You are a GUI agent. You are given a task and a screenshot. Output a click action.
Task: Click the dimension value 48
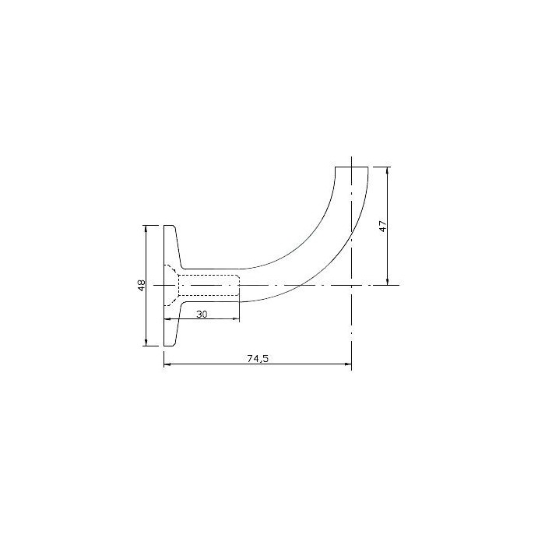click(x=142, y=286)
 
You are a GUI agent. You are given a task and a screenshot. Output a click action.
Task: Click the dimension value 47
click(x=383, y=226)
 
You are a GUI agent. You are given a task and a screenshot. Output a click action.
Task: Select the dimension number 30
click(x=202, y=315)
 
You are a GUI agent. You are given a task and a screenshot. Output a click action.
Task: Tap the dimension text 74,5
click(x=258, y=359)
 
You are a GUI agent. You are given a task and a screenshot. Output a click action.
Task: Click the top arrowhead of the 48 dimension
click(x=146, y=228)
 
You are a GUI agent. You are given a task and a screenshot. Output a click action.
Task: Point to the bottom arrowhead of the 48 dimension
click(x=146, y=343)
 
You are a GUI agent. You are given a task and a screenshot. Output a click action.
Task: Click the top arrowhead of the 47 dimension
click(x=388, y=171)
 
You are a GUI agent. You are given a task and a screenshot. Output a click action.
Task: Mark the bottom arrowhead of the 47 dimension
click(x=388, y=282)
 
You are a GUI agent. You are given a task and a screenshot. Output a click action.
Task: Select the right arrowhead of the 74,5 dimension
click(x=348, y=364)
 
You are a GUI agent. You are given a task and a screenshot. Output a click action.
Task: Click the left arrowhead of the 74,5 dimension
click(x=167, y=364)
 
